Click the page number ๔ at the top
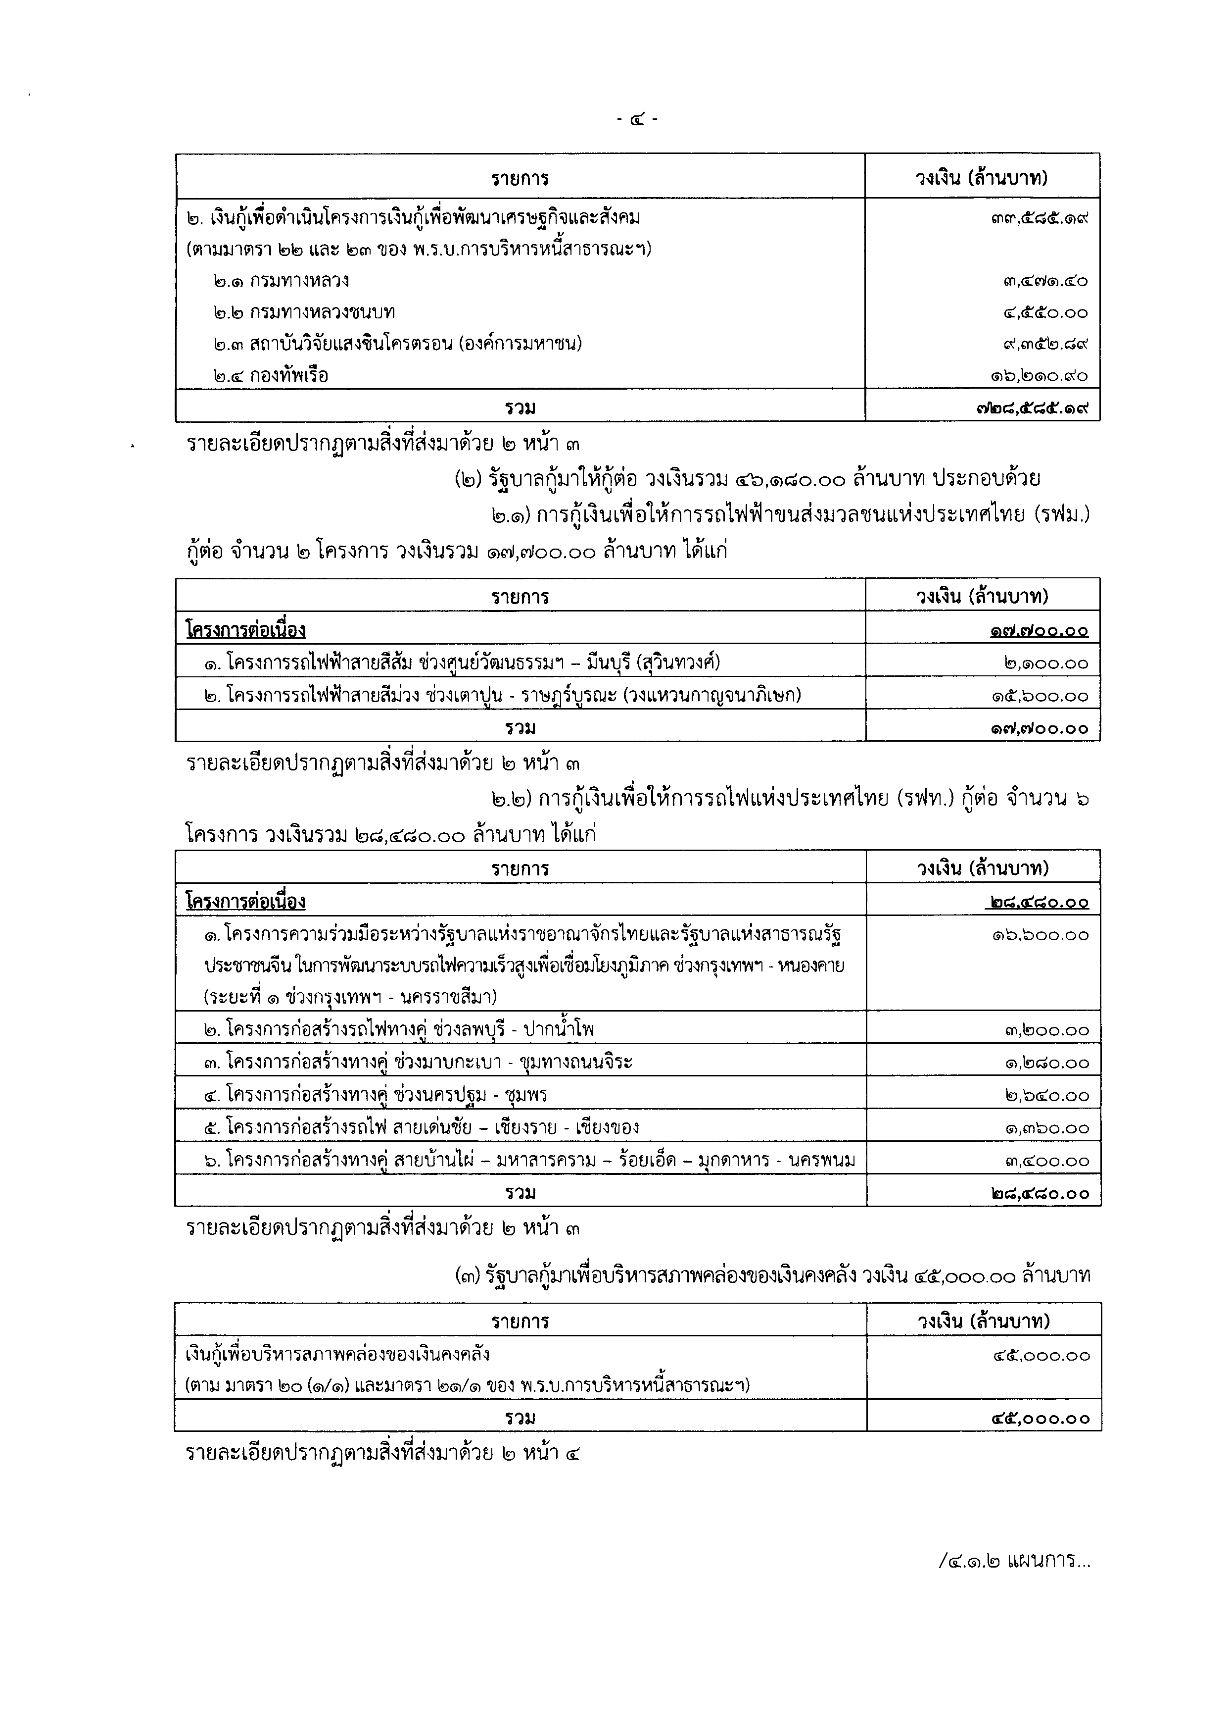(x=637, y=119)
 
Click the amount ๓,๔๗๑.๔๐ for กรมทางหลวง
(x=1044, y=281)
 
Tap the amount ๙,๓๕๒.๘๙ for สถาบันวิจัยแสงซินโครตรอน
(x=1044, y=344)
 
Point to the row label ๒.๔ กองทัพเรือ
(x=271, y=375)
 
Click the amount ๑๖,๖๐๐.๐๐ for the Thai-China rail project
(x=1041, y=935)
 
